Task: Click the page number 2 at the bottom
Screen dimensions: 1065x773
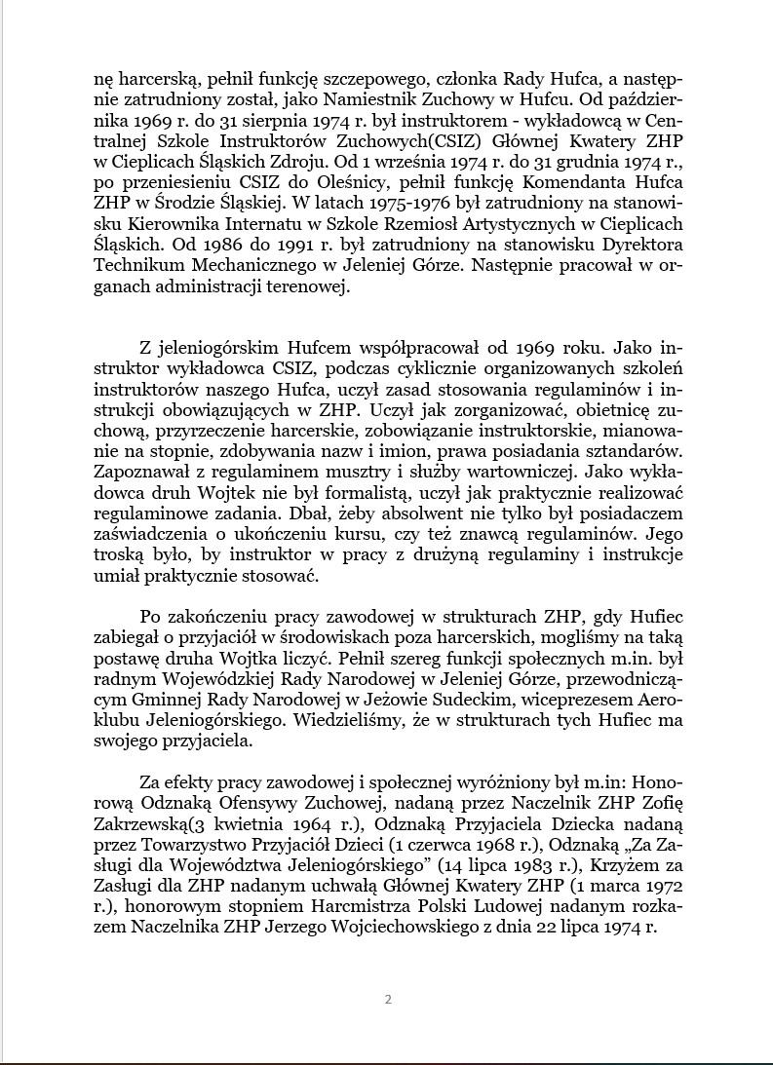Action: pyautogui.click(x=388, y=999)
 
